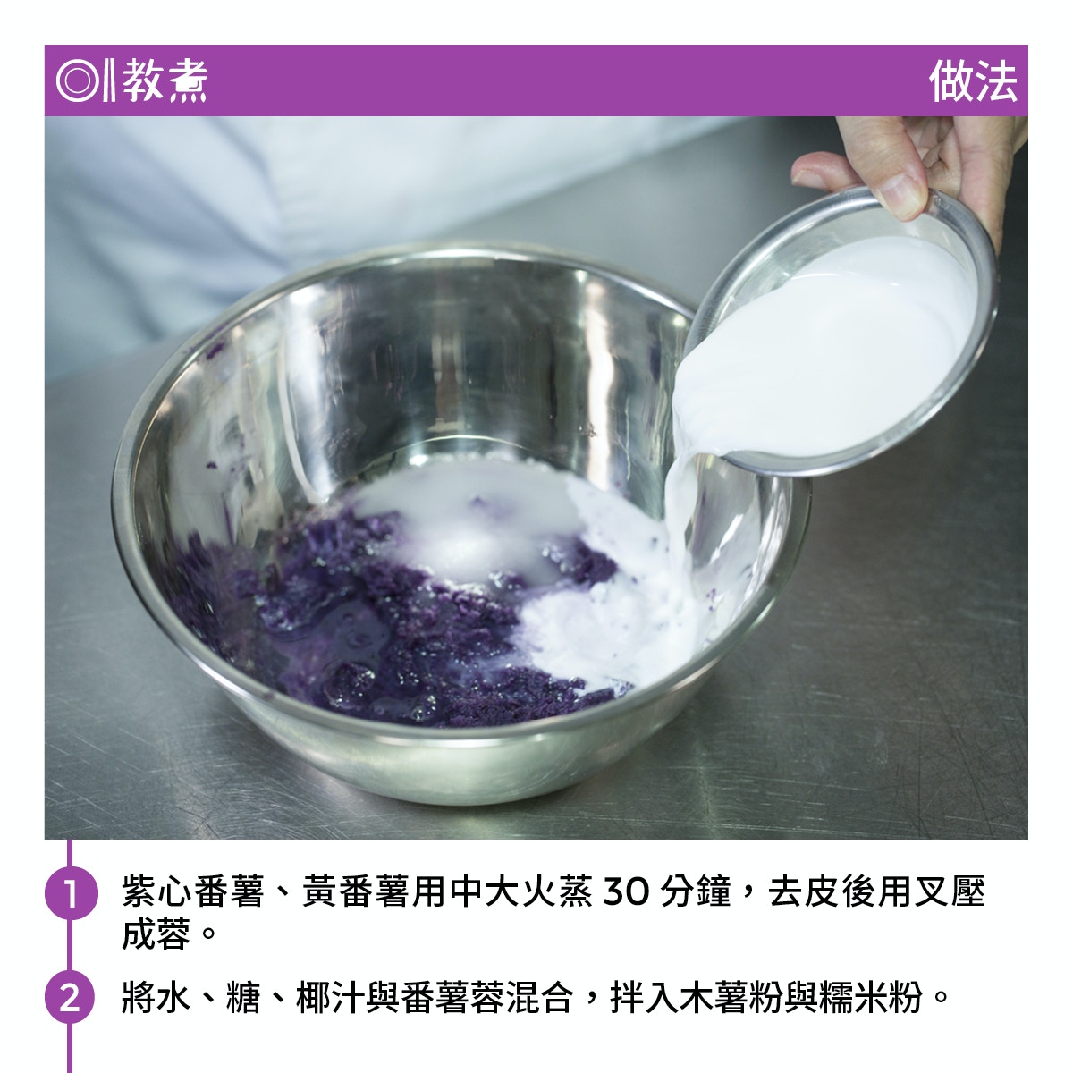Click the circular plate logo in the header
coord(78,80)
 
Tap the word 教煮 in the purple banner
coord(165,80)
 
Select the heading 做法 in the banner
coord(973,81)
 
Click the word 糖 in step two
coord(243,997)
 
